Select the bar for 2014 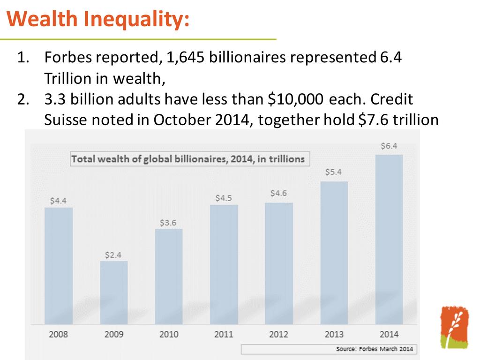tap(389, 239)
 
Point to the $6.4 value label tap(389, 146)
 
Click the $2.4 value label tap(113, 255)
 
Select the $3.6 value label tap(168, 223)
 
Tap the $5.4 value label tap(334, 172)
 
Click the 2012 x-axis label tap(279, 334)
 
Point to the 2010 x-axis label tap(169, 334)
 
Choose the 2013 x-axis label tap(334, 334)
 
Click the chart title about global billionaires tap(187, 159)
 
